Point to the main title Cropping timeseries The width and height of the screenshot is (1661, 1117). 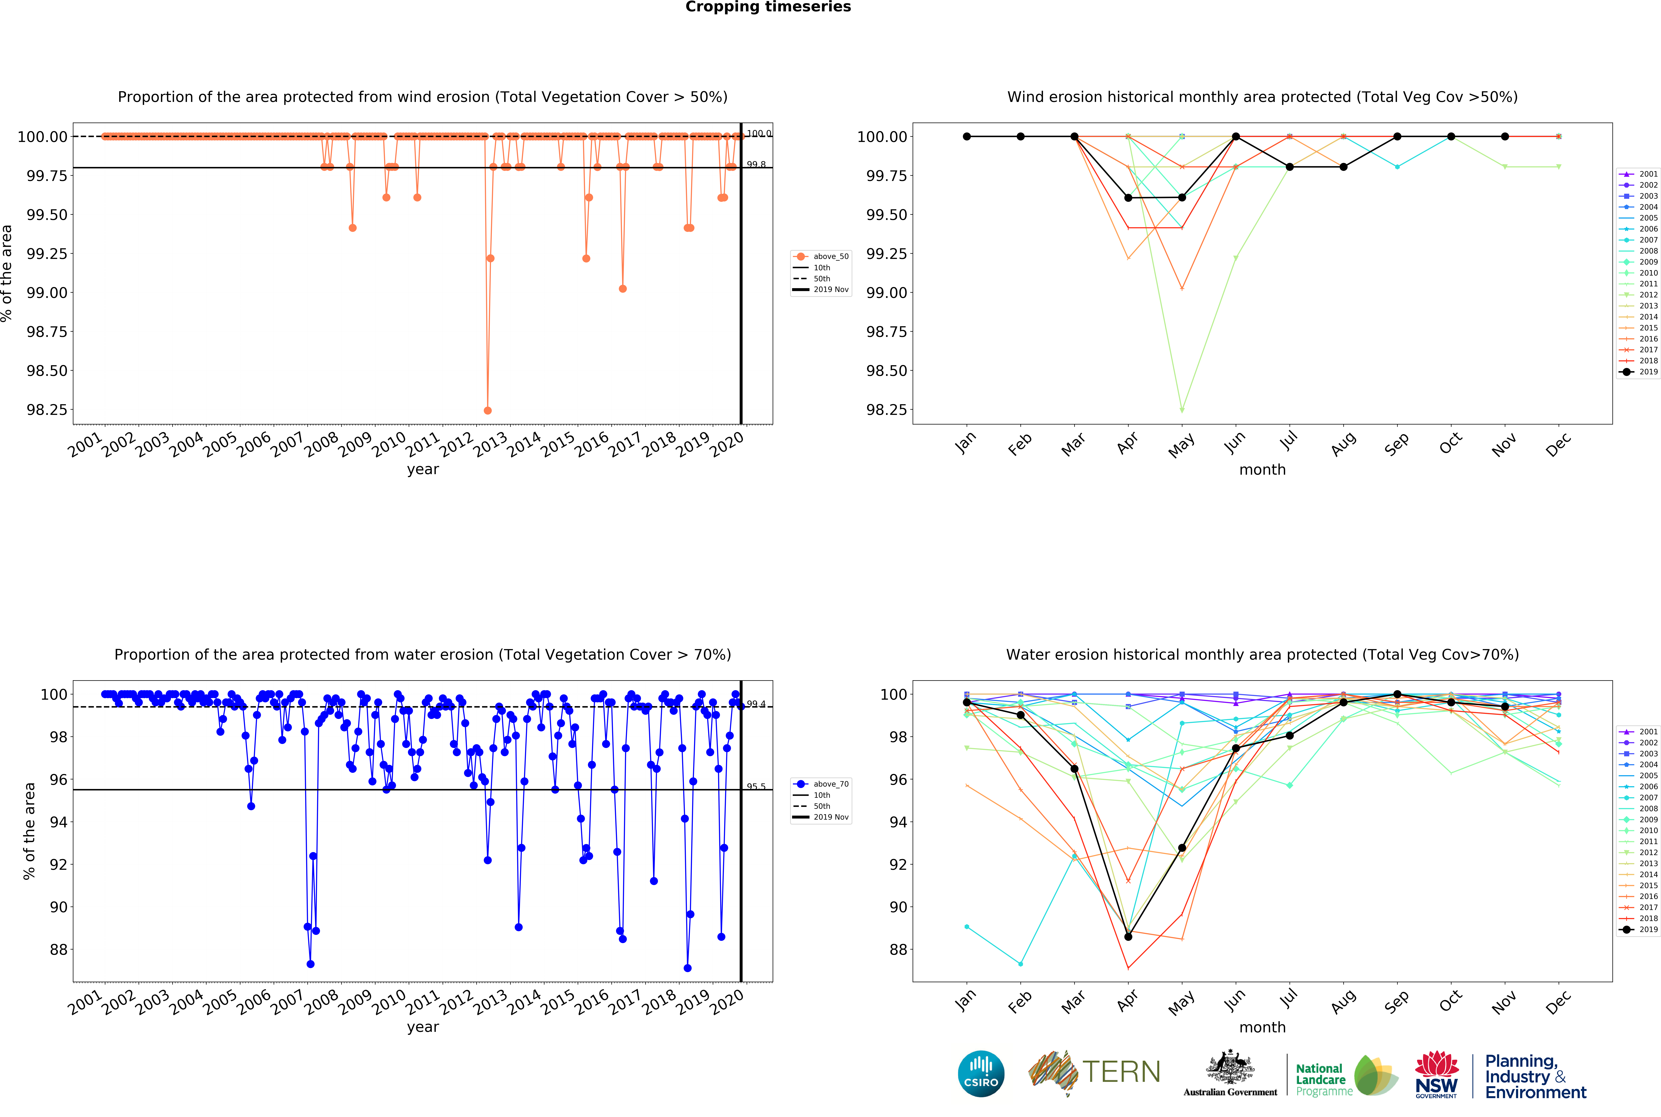point(767,7)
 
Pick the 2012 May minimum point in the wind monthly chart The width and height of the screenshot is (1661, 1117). point(1182,410)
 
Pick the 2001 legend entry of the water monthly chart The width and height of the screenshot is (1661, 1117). point(1638,732)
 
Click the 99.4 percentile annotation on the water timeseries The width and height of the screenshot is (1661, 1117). point(756,705)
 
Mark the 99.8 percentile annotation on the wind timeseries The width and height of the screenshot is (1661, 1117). point(756,165)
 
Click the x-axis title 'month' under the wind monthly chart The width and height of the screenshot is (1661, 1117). point(1262,469)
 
